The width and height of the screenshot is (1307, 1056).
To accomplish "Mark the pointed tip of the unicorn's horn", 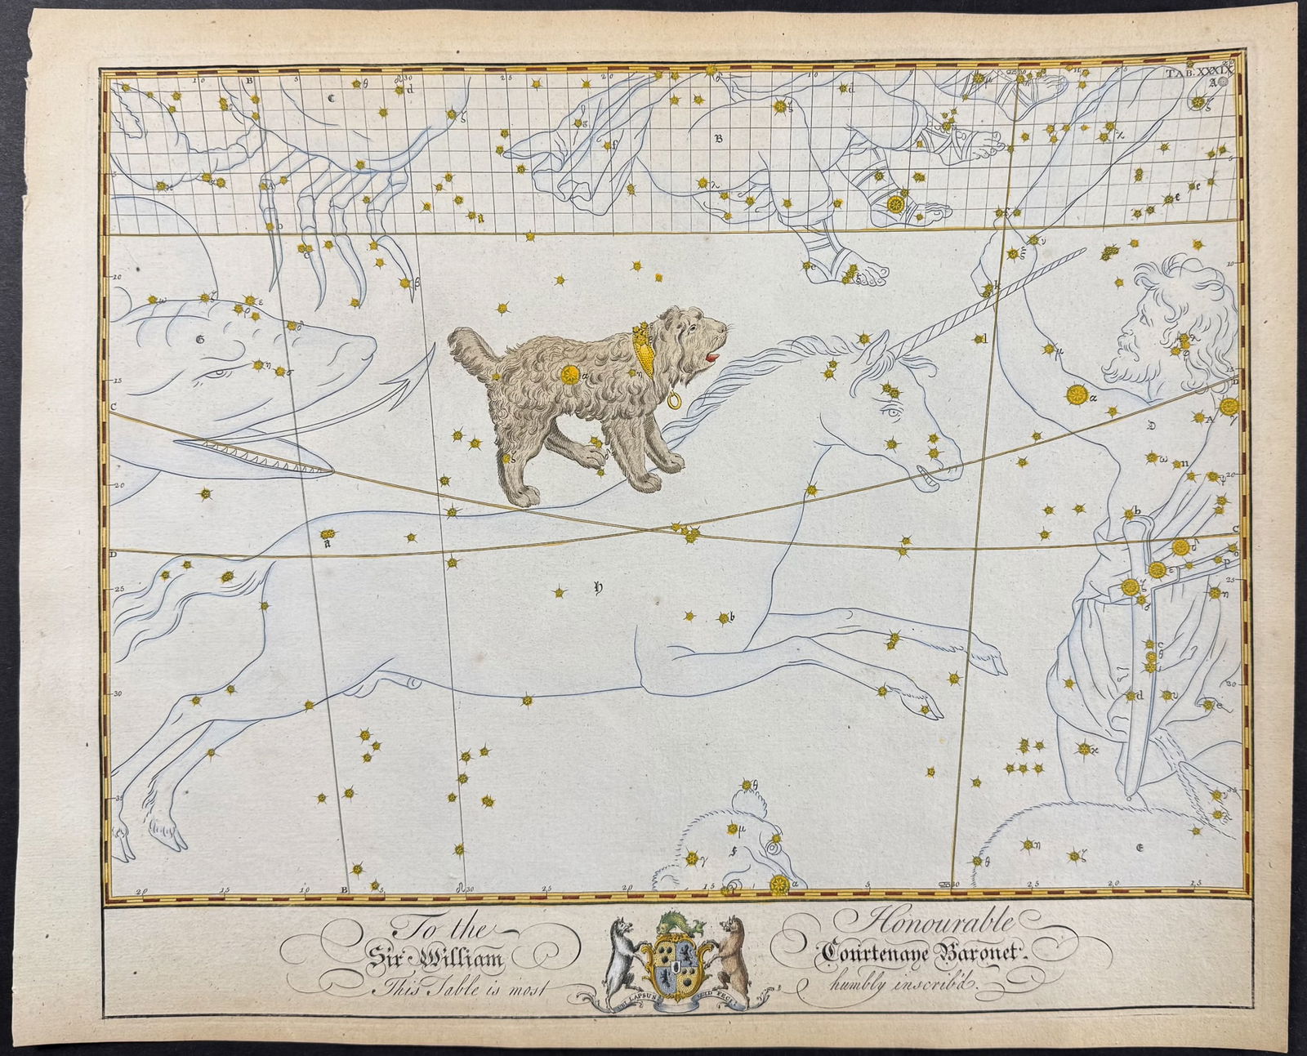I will click(1085, 251).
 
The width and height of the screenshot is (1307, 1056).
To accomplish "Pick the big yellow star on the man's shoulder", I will click(1077, 395).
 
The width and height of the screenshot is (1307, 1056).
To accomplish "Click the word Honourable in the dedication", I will click(937, 924).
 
